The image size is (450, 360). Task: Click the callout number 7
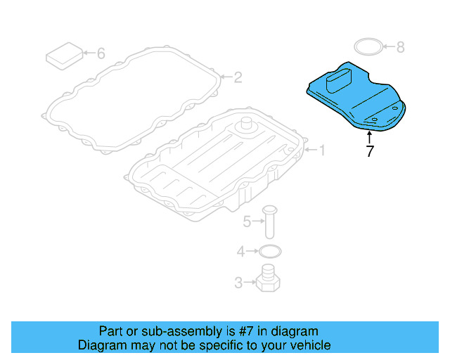(x=370, y=151)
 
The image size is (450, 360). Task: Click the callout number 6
(x=100, y=53)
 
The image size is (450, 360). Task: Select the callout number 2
(x=238, y=77)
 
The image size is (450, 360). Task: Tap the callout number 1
(x=322, y=150)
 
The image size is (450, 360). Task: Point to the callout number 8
(x=400, y=47)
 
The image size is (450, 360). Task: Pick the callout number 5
(x=247, y=223)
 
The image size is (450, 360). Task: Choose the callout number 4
(x=240, y=251)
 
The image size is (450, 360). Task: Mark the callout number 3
(x=238, y=283)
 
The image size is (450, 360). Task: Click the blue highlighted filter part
(x=359, y=102)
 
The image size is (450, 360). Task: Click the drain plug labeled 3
(x=269, y=281)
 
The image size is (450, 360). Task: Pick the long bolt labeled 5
(x=269, y=221)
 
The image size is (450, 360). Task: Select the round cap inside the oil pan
(x=246, y=126)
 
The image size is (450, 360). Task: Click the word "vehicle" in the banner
(x=309, y=345)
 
